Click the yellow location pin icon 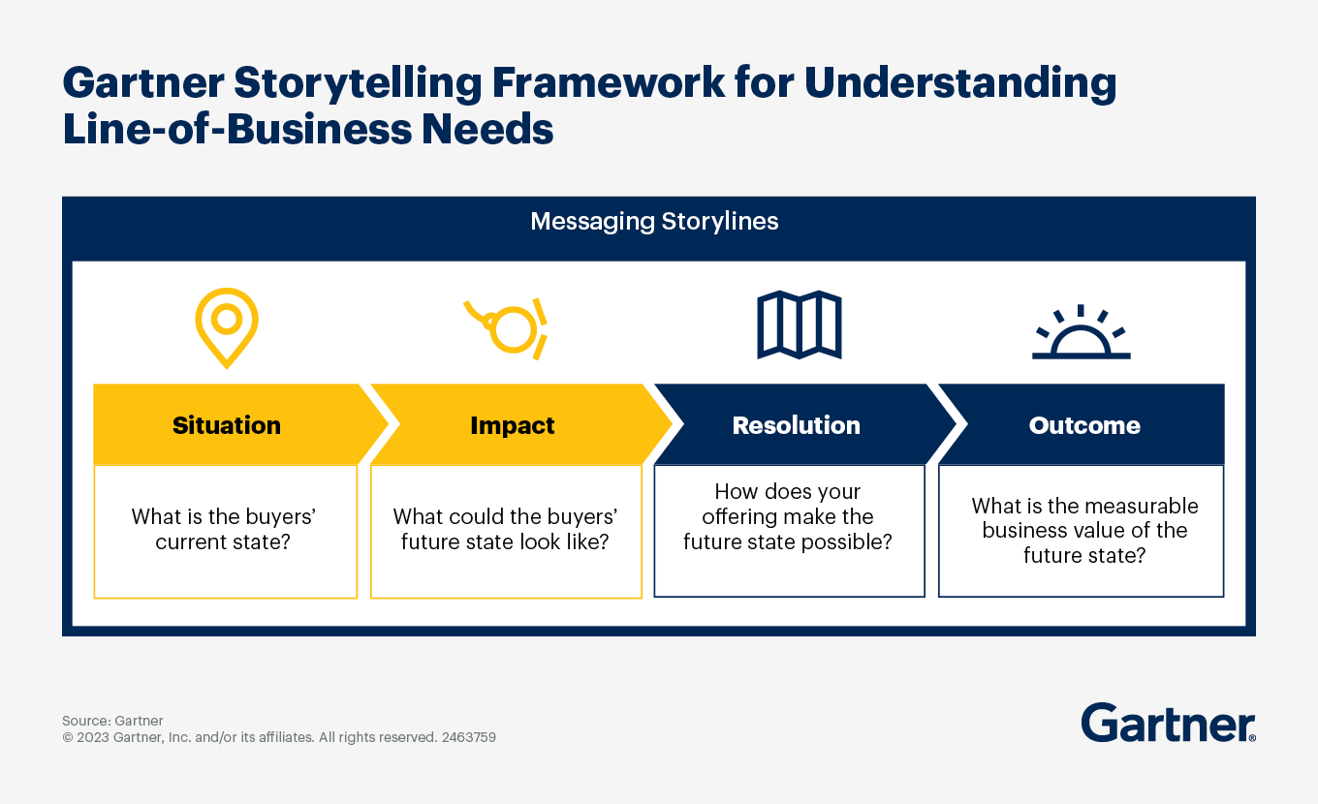pyautogui.click(x=226, y=325)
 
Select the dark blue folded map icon pyautogui.click(x=799, y=325)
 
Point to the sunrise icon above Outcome pyautogui.click(x=1081, y=333)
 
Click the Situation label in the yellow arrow pyautogui.click(x=227, y=425)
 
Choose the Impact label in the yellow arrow pyautogui.click(x=513, y=425)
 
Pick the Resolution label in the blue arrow pyautogui.click(x=796, y=425)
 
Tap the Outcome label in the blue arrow pyautogui.click(x=1084, y=425)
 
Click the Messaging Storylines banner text pyautogui.click(x=654, y=222)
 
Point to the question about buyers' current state pyautogui.click(x=224, y=529)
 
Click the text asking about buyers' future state pyautogui.click(x=505, y=529)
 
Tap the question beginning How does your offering pyautogui.click(x=788, y=517)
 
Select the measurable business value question pyautogui.click(x=1084, y=530)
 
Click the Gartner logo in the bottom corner pyautogui.click(x=1168, y=724)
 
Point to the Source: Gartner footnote pyautogui.click(x=112, y=721)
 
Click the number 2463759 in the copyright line pyautogui.click(x=468, y=737)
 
